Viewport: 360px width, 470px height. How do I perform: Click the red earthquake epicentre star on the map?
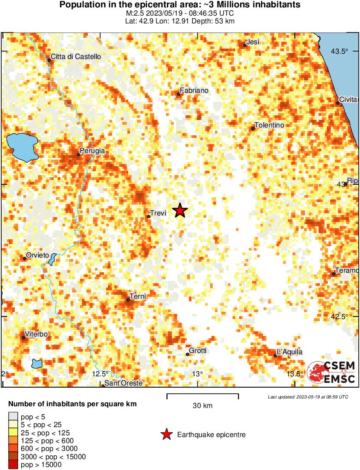[180, 211]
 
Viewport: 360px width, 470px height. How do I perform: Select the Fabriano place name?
[194, 90]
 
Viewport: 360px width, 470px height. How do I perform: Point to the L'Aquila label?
[289, 352]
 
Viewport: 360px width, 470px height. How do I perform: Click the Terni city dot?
[128, 300]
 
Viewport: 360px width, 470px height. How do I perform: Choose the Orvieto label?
[37, 255]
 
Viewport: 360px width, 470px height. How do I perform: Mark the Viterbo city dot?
[23, 337]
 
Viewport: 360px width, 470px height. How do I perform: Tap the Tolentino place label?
[269, 125]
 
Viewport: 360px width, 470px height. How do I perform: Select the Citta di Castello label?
[76, 56]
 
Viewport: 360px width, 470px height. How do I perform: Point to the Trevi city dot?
[149, 216]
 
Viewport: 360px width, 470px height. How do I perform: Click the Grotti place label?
[198, 351]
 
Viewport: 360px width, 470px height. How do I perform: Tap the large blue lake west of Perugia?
[22, 146]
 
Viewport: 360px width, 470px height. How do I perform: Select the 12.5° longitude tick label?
[101, 374]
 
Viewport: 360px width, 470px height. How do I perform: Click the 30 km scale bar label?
[202, 406]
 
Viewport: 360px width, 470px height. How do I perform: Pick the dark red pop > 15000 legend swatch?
[13, 465]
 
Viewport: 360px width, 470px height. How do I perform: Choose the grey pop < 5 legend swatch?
[13, 417]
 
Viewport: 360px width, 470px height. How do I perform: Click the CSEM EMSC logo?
[331, 372]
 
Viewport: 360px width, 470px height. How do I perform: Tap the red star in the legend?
[166, 434]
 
